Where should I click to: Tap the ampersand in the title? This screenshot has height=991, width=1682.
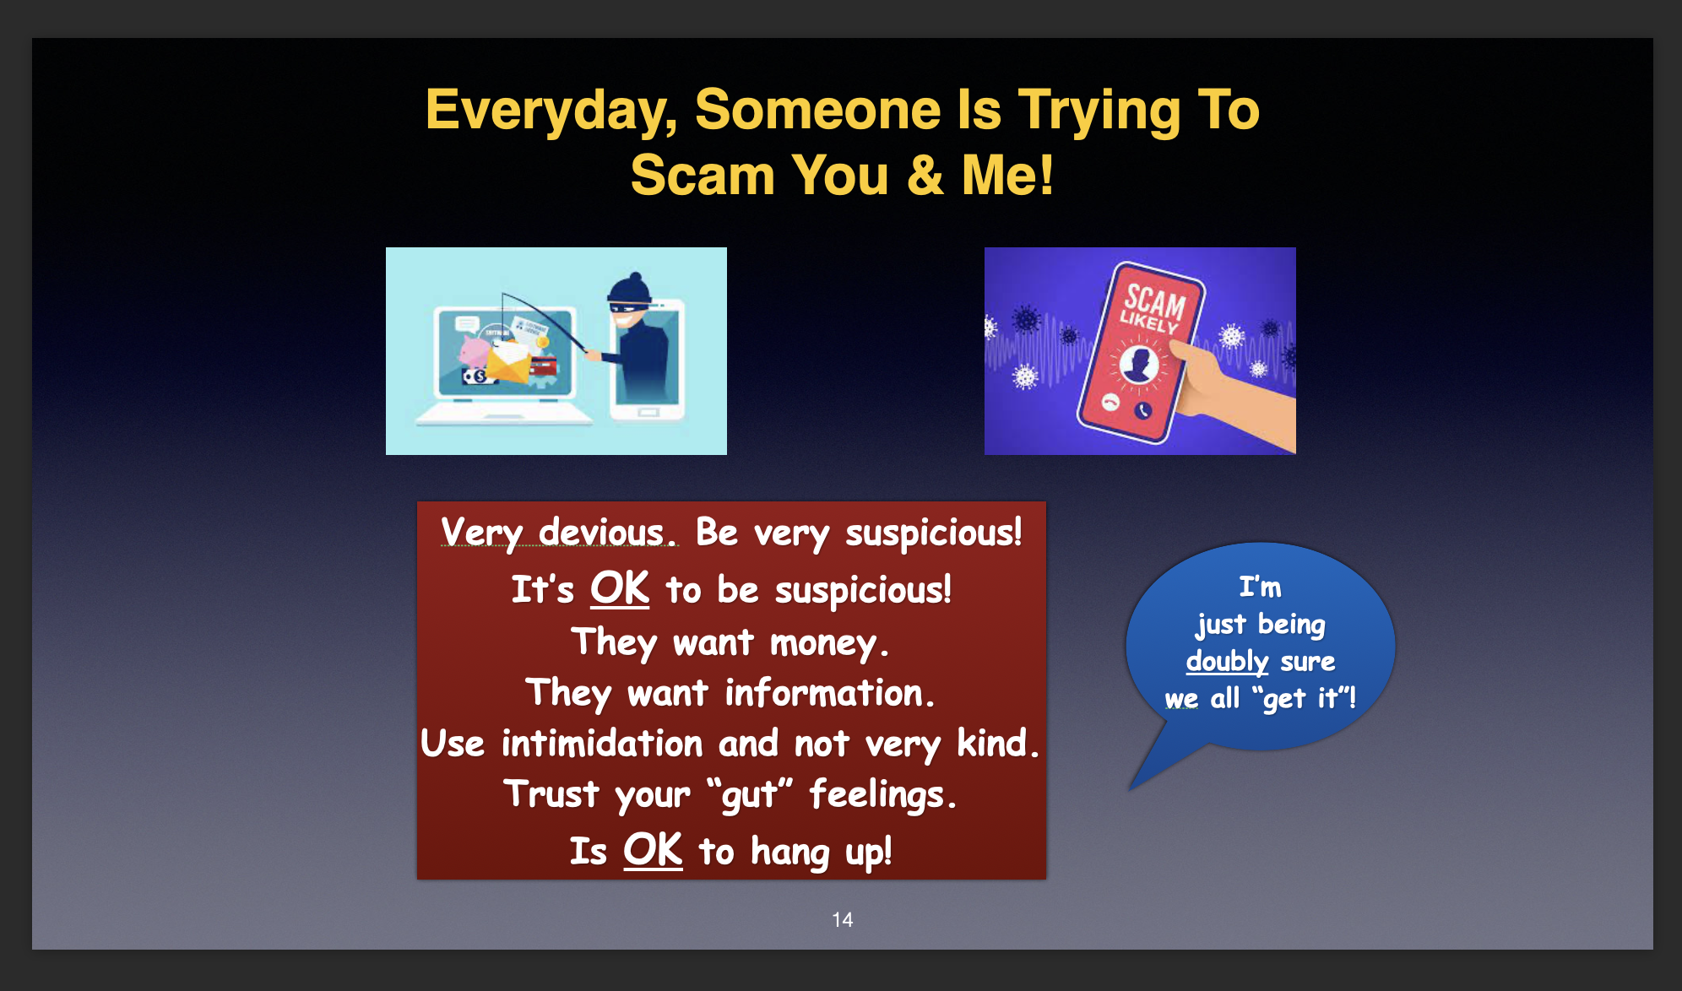(x=925, y=176)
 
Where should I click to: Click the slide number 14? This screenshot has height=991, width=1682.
(x=842, y=919)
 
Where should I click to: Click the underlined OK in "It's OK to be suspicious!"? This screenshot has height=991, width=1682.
(x=620, y=588)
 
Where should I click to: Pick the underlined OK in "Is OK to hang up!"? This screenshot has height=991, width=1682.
(x=653, y=849)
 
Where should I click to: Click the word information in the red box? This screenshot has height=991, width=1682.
(x=829, y=693)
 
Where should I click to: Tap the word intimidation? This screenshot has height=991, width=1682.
(x=602, y=744)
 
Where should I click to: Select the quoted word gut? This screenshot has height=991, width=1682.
(x=750, y=795)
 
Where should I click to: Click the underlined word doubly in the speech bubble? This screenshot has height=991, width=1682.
(x=1227, y=661)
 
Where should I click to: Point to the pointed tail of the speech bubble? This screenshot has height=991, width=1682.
(x=1131, y=788)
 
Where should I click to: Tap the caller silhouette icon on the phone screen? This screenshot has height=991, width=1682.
(x=1140, y=364)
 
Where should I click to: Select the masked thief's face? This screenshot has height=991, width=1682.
(x=628, y=312)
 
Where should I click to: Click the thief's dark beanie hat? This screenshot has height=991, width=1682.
(x=631, y=287)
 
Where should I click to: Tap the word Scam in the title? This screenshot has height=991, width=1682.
(x=703, y=176)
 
